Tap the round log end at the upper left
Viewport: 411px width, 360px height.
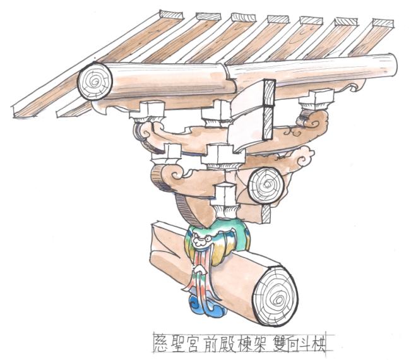coord(95,82)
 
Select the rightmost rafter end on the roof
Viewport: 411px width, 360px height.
coord(381,23)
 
